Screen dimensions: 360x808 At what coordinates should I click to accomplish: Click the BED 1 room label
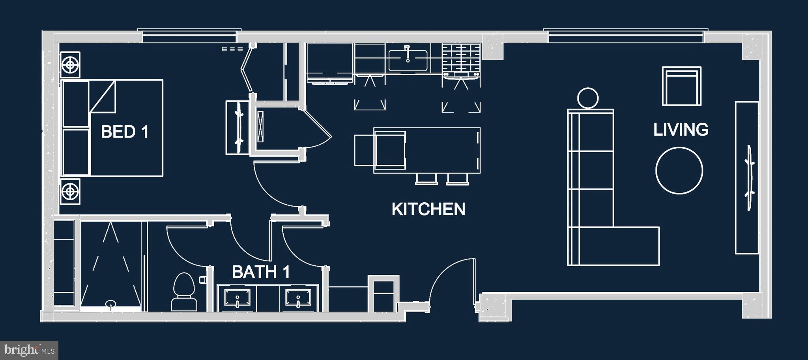(125, 132)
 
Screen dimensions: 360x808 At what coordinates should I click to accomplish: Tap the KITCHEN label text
(428, 209)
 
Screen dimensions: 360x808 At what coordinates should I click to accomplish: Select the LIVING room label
(681, 130)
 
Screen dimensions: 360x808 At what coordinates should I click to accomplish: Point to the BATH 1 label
(261, 272)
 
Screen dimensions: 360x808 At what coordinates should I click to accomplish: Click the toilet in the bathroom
(184, 292)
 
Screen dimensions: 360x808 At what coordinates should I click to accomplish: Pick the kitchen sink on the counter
(408, 60)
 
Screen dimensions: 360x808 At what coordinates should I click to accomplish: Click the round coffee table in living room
(679, 170)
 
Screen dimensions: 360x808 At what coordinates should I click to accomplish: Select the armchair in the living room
(681, 86)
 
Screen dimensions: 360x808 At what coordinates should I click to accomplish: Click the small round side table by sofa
(587, 98)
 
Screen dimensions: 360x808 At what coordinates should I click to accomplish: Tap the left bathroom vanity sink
(237, 298)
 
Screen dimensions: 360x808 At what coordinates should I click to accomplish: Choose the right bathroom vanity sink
(298, 298)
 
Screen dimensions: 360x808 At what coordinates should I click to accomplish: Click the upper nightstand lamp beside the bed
(70, 64)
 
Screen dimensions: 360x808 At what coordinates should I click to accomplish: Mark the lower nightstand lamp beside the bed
(70, 192)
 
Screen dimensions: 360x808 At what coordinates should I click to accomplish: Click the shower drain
(110, 303)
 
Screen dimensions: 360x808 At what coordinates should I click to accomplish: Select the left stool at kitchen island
(426, 179)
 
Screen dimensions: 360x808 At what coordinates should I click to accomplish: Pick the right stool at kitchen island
(458, 179)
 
